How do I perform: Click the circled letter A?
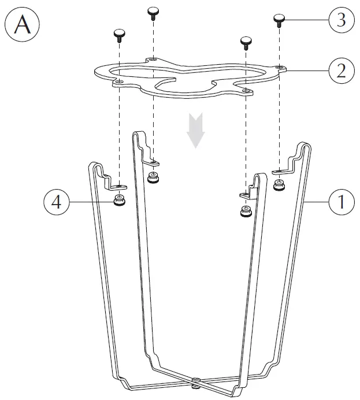[x=22, y=25]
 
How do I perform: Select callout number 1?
[x=341, y=203]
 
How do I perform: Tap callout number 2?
[x=341, y=71]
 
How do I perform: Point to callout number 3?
[x=341, y=20]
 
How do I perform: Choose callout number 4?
[x=55, y=203]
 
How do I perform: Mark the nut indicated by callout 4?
[x=119, y=202]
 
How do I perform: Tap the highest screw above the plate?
[x=153, y=12]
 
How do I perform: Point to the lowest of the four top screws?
[x=246, y=42]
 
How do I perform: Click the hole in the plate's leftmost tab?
[x=118, y=82]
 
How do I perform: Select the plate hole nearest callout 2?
[x=280, y=68]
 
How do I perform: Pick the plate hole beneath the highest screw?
[x=153, y=59]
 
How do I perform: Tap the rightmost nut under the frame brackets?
[x=279, y=185]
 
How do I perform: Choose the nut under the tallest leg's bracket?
[x=153, y=177]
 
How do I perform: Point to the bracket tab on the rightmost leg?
[x=281, y=171]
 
